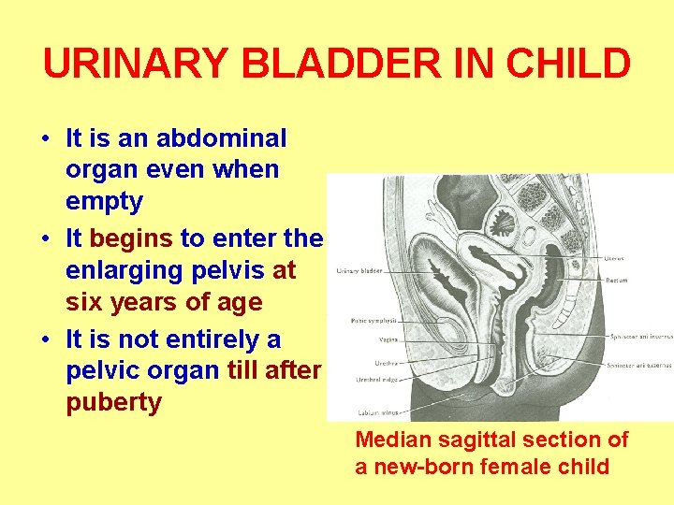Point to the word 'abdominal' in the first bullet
[x=222, y=138]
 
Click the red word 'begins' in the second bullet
[x=131, y=238]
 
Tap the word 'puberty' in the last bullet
[x=113, y=403]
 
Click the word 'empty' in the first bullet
[x=104, y=201]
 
